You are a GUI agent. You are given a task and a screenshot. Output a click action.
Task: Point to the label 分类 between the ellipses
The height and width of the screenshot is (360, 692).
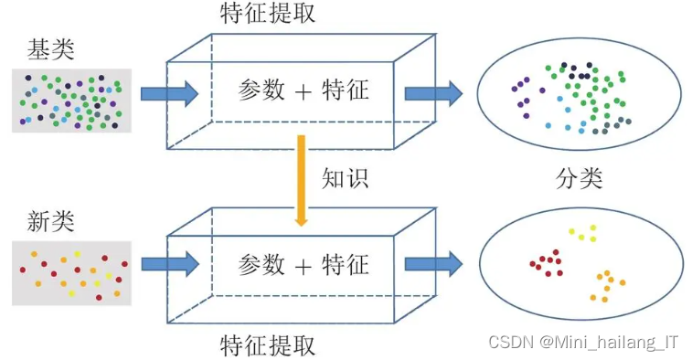coord(580,178)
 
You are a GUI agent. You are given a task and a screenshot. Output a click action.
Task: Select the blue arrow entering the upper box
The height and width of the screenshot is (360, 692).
coord(170,92)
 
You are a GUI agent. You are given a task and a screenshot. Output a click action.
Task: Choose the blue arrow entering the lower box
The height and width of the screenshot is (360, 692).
coord(170,265)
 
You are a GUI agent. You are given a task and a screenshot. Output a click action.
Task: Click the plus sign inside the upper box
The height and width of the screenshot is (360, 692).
coord(303,90)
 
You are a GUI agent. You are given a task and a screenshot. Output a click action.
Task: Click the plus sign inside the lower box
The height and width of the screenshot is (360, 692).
coord(303,265)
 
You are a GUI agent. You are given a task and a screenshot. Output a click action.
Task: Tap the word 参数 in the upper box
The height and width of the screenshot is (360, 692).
coord(261,90)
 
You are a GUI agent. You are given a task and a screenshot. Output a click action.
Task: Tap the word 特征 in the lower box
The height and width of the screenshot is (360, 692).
coord(346,265)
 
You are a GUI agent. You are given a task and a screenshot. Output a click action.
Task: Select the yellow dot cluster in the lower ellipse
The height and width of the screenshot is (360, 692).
coord(583,234)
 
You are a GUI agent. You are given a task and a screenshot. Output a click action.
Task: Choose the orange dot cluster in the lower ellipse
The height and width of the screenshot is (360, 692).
coord(608,285)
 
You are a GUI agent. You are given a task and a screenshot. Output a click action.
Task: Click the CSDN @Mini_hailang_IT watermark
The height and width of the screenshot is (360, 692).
coord(583,342)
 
